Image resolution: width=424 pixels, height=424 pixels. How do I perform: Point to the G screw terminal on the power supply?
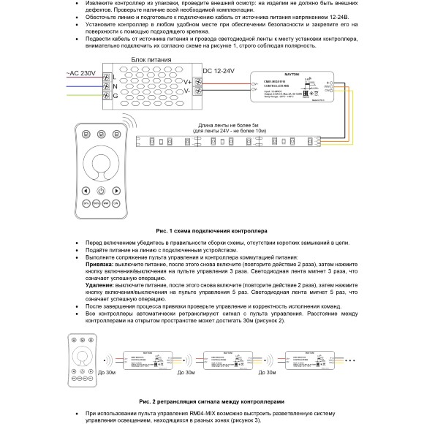click(x=105, y=95)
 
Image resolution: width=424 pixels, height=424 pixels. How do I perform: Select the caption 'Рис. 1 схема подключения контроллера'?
click(x=212, y=230)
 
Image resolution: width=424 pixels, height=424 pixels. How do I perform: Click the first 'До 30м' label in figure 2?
click(x=107, y=372)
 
